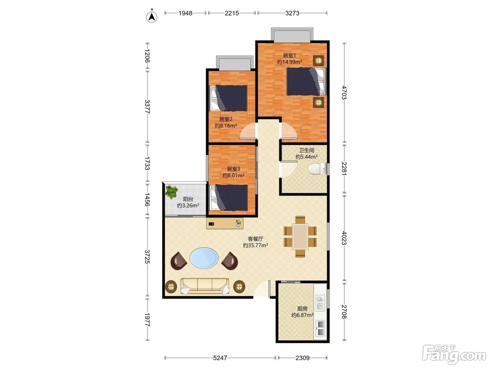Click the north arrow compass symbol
(151, 17)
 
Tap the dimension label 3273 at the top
(292, 13)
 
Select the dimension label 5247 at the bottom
(220, 358)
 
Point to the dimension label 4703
(344, 92)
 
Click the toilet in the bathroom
(318, 168)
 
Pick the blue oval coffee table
(204, 258)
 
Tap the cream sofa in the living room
(205, 286)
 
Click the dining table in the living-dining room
(300, 237)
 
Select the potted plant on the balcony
(171, 192)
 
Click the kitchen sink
(320, 303)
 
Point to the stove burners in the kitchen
(320, 329)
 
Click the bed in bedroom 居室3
(229, 198)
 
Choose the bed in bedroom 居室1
(306, 82)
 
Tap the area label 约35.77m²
(255, 245)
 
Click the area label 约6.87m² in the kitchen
(302, 315)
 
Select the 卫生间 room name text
(306, 150)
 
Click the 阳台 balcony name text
(188, 199)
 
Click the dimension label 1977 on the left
(147, 320)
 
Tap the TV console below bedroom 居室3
(225, 224)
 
